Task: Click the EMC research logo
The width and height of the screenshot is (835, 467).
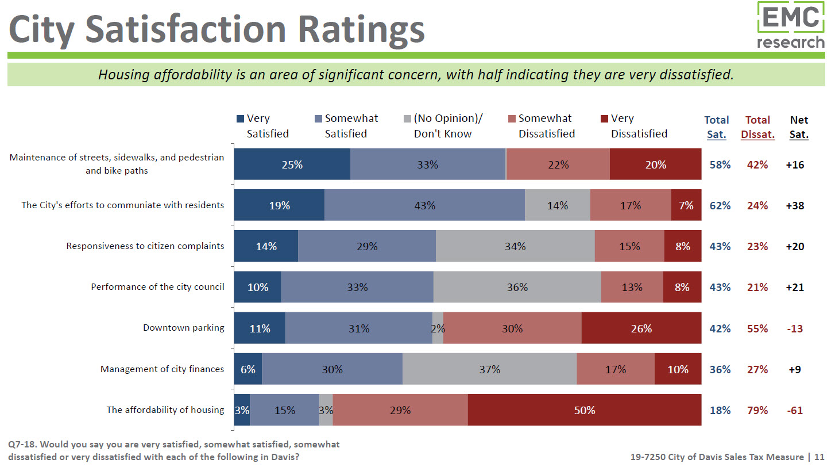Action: click(790, 26)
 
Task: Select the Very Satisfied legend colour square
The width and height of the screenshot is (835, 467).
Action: click(240, 119)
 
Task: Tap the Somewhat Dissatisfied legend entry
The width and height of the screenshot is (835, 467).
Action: click(540, 126)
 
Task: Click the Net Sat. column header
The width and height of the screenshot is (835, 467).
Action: click(799, 127)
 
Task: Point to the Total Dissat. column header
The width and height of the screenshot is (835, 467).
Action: click(757, 127)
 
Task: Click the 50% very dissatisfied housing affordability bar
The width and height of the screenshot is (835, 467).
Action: click(584, 410)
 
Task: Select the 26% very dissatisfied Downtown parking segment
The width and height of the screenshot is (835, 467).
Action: click(641, 328)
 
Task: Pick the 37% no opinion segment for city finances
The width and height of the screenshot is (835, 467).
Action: click(489, 369)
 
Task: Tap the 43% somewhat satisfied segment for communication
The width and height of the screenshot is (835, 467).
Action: click(424, 205)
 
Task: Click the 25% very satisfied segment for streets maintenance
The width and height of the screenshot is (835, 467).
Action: click(292, 164)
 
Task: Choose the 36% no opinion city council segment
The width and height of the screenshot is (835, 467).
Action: click(517, 287)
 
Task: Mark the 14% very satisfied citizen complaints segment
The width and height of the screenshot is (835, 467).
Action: click(266, 246)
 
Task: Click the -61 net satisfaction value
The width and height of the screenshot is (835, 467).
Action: click(795, 410)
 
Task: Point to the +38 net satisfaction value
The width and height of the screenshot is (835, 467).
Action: click(795, 205)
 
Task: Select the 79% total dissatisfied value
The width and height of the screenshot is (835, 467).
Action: click(757, 410)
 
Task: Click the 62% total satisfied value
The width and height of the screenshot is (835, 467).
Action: click(720, 205)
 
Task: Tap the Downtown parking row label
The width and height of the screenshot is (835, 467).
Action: click(183, 328)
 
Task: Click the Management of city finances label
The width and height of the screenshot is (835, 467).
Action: click(162, 369)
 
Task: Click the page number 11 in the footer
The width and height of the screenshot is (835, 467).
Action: click(819, 457)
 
